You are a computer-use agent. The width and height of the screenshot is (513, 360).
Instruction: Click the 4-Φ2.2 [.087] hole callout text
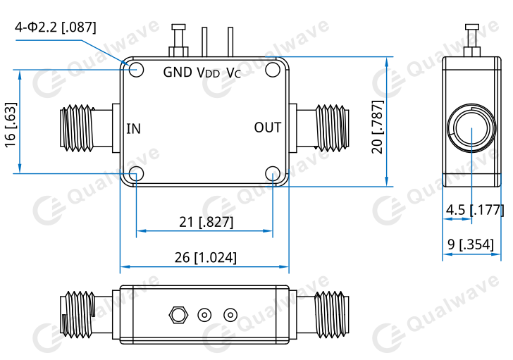(x=56, y=27)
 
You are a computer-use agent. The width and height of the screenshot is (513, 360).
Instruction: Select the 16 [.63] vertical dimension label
(x=11, y=125)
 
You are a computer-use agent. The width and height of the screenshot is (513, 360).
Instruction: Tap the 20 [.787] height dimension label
(x=377, y=127)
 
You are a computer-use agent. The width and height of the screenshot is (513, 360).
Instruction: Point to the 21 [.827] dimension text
(x=206, y=222)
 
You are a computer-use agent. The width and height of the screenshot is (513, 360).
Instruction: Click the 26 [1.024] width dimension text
(x=206, y=257)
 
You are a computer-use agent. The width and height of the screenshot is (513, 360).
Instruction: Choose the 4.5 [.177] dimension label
(x=475, y=210)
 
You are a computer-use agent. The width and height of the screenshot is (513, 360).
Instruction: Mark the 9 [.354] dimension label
(x=471, y=244)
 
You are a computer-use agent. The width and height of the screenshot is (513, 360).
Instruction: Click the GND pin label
(x=178, y=73)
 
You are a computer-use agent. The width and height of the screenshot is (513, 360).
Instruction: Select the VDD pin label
(x=209, y=73)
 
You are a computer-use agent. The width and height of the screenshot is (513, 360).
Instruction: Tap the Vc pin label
(x=234, y=73)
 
